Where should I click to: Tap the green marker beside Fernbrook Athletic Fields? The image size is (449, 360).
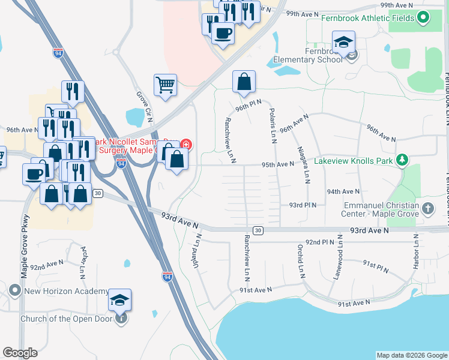point(424,17)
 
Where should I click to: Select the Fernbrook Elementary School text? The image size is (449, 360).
point(307,56)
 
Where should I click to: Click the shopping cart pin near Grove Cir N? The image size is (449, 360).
point(165,85)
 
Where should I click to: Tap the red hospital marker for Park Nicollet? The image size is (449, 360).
point(185,144)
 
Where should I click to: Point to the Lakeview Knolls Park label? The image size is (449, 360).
point(356,161)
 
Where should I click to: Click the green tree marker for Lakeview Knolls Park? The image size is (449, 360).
point(402,160)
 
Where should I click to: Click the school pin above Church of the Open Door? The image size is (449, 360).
point(120,300)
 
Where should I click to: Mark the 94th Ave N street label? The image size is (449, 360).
point(343,191)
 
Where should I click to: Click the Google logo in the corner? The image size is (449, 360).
point(20,353)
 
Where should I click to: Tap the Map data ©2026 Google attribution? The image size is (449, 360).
point(411,355)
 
